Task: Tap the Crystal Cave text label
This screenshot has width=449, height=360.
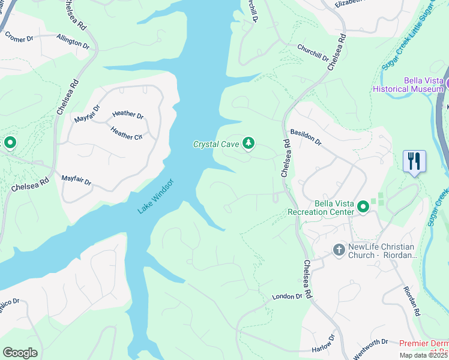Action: coord(216,144)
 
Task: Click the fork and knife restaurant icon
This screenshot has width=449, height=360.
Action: coord(415,161)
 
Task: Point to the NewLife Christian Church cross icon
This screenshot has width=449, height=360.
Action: coord(339,250)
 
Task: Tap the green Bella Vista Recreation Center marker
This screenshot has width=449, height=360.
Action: coord(363,207)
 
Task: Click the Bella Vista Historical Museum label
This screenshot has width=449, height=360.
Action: coord(408,85)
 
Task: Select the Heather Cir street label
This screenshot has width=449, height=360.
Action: coord(126,133)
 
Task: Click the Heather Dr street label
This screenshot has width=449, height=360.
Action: coord(128,115)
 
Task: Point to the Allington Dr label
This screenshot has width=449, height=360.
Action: coord(73,41)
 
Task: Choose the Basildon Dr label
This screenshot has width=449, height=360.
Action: coord(306,137)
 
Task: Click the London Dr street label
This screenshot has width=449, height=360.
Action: coord(286,296)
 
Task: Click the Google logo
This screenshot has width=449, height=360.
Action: coord(20,353)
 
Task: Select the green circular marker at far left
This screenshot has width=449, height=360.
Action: coord(10,143)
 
